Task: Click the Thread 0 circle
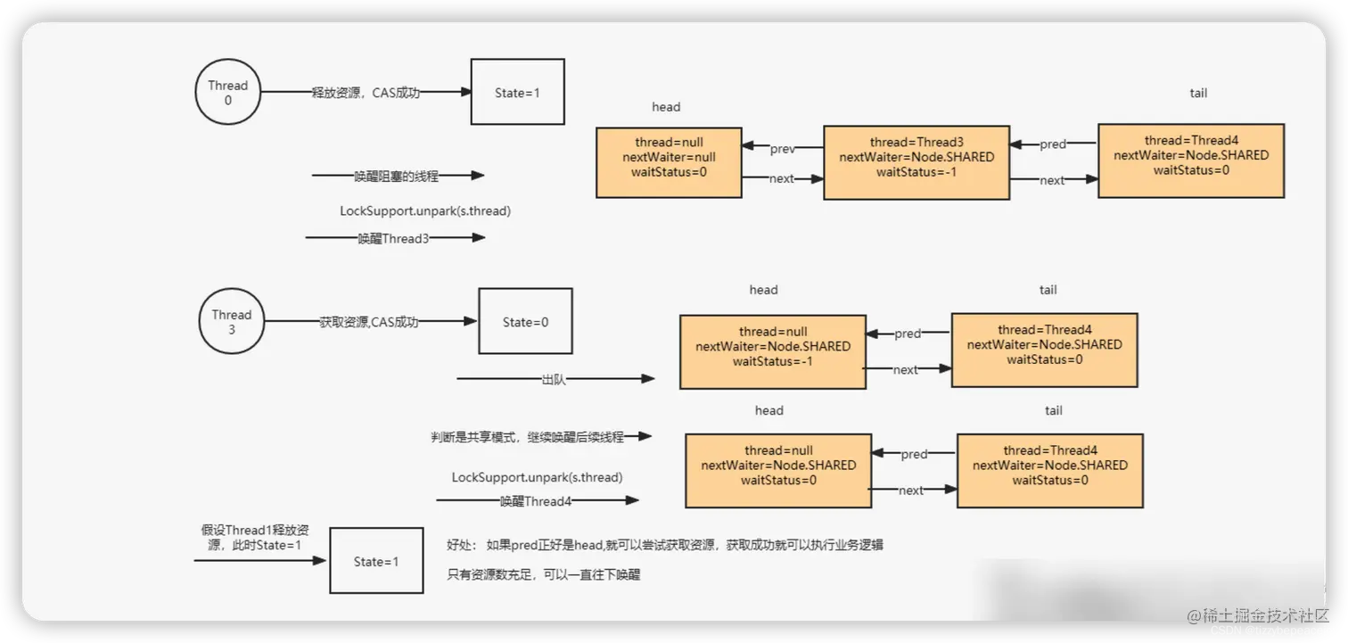pos(228,93)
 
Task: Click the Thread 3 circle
pos(232,322)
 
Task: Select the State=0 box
pos(525,322)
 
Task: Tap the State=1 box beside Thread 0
pos(517,92)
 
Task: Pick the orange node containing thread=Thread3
pos(916,161)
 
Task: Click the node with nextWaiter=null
pos(669,161)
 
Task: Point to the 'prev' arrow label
pos(782,149)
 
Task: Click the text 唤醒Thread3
pos(393,238)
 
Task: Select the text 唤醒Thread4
pos(535,501)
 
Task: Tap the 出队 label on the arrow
pos(554,380)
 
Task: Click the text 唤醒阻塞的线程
pos(397,176)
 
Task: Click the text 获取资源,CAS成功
pos(368,322)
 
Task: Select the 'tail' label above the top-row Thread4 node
pos(1198,93)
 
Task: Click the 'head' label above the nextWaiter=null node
pos(666,107)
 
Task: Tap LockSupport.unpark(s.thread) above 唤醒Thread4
pos(537,478)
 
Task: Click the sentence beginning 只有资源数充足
pos(544,574)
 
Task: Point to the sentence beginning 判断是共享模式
pos(527,437)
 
